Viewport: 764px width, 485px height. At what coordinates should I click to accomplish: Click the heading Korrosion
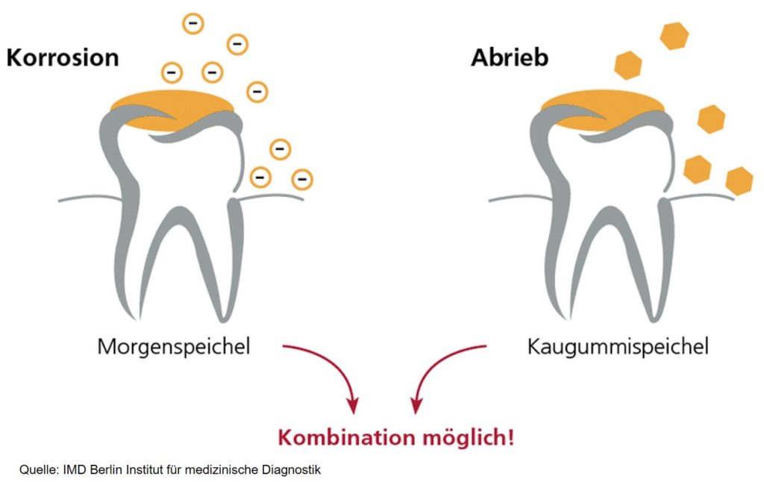pos(63,57)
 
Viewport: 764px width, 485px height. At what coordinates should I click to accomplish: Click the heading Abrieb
pos(509,57)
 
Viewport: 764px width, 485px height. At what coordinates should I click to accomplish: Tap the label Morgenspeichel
pos(173,347)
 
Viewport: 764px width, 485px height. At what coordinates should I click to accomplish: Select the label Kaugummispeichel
pos(618,347)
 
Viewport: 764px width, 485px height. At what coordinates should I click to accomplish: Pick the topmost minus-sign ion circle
pos(193,24)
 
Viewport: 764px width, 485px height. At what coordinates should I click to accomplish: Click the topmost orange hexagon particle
pos(674,36)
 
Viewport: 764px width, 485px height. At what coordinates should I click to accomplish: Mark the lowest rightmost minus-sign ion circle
pos(302,179)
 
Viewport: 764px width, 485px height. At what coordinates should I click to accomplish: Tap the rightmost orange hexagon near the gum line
pos(739,181)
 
